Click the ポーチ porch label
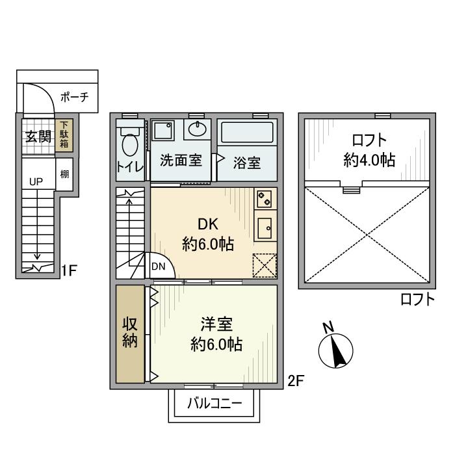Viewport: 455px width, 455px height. (x=73, y=99)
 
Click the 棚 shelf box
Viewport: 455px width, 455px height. (x=64, y=174)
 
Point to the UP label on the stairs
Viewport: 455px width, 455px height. (x=35, y=182)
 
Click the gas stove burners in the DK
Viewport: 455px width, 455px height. (x=264, y=199)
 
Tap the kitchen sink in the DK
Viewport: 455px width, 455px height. (x=265, y=228)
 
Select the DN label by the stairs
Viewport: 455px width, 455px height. (x=158, y=266)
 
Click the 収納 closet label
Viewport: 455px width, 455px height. (x=130, y=332)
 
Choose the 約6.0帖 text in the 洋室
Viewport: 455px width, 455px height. (x=216, y=345)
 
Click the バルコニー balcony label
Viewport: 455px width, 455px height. (x=214, y=403)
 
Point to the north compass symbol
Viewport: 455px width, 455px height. (x=335, y=350)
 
